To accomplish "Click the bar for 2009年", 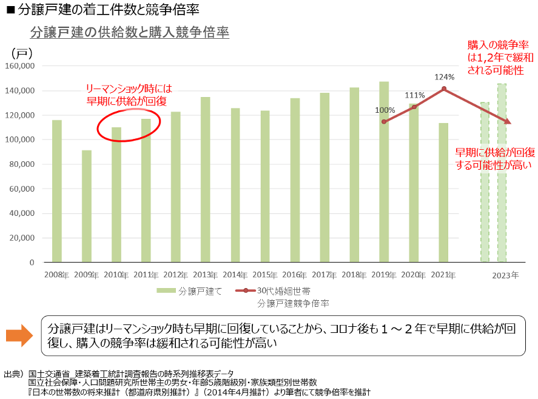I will (x=87, y=206).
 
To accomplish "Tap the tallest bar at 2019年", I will (x=384, y=176).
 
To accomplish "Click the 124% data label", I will (x=444, y=77).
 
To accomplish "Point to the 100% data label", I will (x=385, y=110).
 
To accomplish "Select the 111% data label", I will (x=415, y=95).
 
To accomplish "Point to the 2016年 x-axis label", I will (x=294, y=275).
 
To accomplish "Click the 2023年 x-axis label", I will (x=505, y=275).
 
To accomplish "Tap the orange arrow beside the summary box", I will (x=22, y=335).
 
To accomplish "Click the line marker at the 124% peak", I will (x=444, y=89).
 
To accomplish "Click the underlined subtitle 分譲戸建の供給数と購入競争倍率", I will (x=129, y=32).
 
